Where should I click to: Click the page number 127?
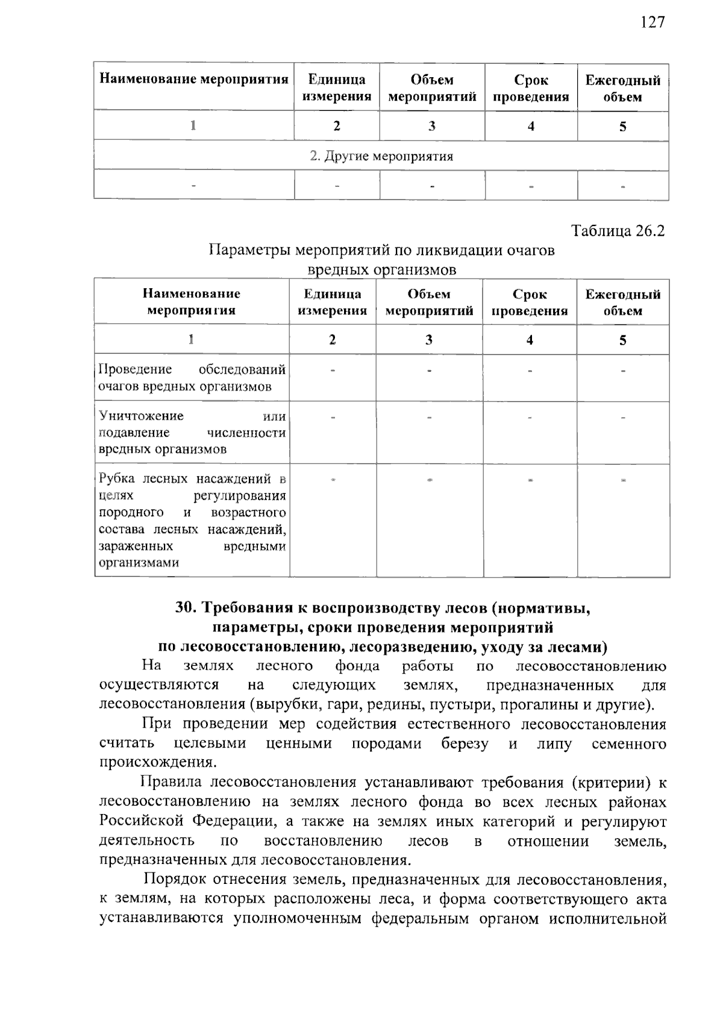coord(653,22)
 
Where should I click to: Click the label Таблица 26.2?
coord(618,231)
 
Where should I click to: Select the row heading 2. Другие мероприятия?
coord(381,156)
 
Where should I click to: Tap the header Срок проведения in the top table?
coord(531,88)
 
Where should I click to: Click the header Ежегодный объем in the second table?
coord(622,303)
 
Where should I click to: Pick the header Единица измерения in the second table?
coord(332,302)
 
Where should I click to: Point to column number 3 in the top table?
coord(431,126)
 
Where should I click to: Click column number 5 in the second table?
coord(622,340)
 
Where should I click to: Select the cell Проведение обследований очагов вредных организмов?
coord(192,377)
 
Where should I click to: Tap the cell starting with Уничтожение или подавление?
coord(192,432)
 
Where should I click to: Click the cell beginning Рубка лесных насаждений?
coord(192,520)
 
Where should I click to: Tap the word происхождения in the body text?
coord(157,762)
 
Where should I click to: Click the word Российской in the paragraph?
coord(143,821)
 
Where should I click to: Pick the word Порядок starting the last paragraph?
coord(174,879)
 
